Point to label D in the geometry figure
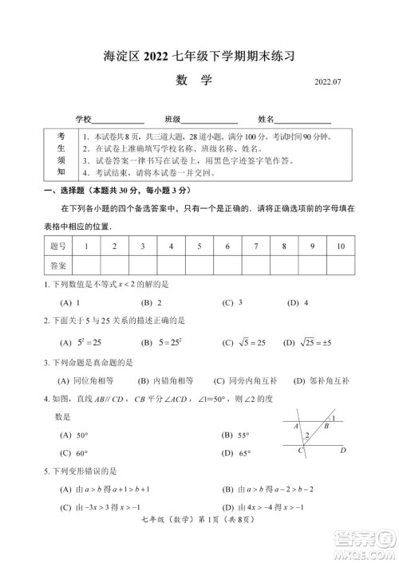pyautogui.click(x=342, y=451)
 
